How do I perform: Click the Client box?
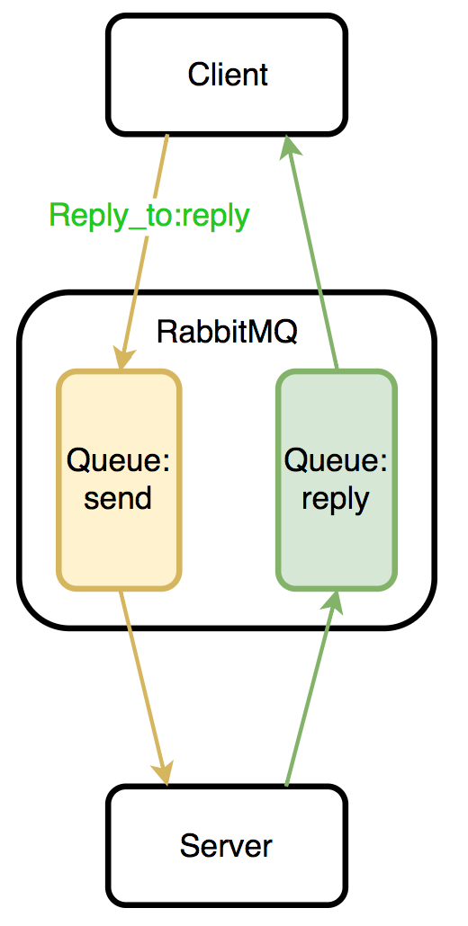point(226,75)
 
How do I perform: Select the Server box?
point(226,846)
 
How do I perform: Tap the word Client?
point(228,75)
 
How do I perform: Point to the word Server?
point(226,846)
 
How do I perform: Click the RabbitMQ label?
point(227,332)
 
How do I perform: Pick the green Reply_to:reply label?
point(149,217)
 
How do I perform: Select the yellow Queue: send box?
point(119,479)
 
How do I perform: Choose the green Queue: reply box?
point(337,479)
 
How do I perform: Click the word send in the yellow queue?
point(118,498)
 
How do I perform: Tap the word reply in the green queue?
point(336,501)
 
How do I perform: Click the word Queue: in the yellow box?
point(118,460)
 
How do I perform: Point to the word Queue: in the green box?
point(336,460)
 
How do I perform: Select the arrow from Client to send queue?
point(144,252)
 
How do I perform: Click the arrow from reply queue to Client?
point(311,252)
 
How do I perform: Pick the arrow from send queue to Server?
point(144,688)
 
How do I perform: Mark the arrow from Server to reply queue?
point(310,688)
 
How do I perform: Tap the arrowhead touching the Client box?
point(290,146)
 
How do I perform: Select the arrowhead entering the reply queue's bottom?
point(332,601)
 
